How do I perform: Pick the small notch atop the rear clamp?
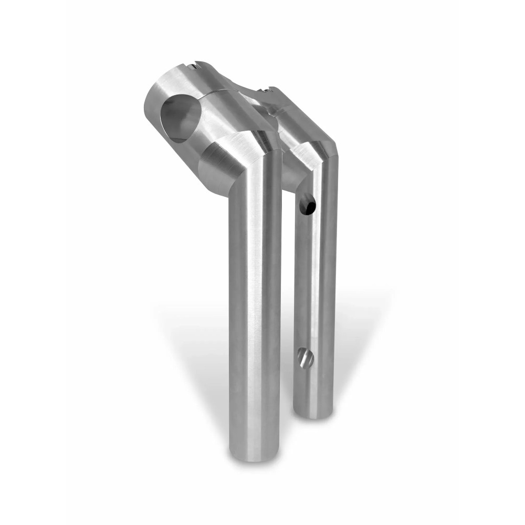(269, 90)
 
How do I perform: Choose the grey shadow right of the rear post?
(357, 336)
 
